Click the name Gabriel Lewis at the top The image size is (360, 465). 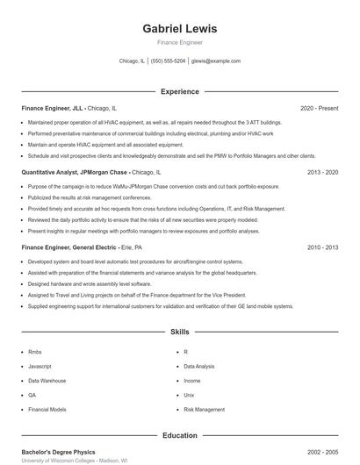pos(179,29)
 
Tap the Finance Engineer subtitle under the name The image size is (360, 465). pos(179,42)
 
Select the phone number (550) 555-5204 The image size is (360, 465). pos(168,61)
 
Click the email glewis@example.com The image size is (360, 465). pos(215,61)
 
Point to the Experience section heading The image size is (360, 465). pos(179,91)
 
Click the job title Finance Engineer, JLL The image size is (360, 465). pos(53,108)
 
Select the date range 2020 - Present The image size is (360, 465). pos(319,108)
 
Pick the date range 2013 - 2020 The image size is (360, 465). pos(322,173)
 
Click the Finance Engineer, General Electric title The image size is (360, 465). pos(69,247)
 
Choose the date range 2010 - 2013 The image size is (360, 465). pos(322,247)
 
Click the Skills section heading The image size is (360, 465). pos(179,333)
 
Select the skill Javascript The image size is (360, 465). pos(40,366)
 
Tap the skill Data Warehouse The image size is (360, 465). pos(47,381)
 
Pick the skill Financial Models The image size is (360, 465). pos(47,410)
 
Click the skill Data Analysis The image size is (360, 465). pos(198,366)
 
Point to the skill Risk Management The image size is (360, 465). pos(204,410)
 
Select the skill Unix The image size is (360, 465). pos(189,395)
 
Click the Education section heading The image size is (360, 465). pos(179,435)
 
